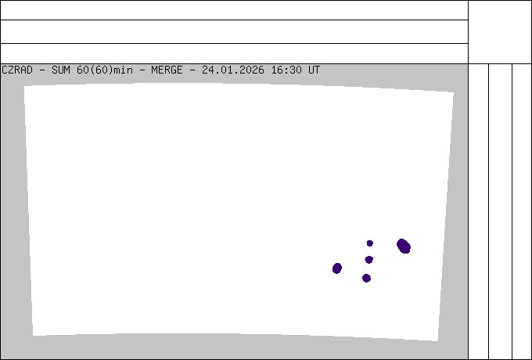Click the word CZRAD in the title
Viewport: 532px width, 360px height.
17,70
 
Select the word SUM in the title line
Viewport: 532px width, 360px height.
61,70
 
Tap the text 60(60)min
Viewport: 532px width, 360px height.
105,70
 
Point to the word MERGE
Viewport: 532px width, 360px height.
167,70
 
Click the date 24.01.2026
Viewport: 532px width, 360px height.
233,70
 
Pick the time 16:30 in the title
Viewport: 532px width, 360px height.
286,70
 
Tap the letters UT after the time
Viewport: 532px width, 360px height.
315,70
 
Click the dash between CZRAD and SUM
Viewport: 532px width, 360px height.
42,70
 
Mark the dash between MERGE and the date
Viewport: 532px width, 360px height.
192,70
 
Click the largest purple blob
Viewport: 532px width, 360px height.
404,246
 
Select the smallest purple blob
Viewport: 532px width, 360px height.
370,243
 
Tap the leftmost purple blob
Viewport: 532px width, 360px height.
337,268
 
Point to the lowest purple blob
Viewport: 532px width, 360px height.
366,279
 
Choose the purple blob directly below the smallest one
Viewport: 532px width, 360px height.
368,260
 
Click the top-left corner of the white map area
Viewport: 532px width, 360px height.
24,86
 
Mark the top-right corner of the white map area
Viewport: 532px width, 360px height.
454,92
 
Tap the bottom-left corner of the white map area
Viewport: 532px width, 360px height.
33,336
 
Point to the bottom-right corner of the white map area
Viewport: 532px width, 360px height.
437,341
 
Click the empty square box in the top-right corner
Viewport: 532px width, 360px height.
500,32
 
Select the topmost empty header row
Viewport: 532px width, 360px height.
234,10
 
